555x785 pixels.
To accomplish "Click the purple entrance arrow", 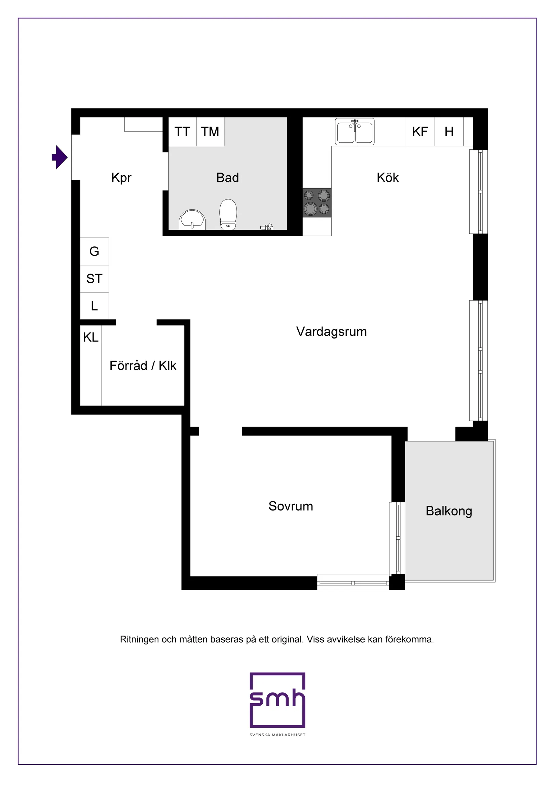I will (60, 157).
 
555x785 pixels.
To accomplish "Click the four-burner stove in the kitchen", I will (317, 203).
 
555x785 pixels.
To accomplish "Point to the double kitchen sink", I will (355, 132).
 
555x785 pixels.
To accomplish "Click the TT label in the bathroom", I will (182, 132).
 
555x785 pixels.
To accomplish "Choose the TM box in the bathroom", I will (210, 132).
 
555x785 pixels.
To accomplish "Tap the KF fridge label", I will (420, 132).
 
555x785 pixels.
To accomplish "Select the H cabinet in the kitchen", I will (449, 132).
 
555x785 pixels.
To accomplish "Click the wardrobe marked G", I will (94, 251).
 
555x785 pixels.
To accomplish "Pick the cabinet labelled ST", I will (94, 279).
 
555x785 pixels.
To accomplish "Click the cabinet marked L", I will (94, 306).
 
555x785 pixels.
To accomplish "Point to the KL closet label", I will (90, 337).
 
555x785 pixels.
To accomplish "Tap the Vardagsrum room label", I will (331, 332).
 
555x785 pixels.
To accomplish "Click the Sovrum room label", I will (291, 506).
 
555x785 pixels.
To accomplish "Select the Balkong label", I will (449, 511).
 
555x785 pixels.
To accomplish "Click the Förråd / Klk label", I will (143, 366).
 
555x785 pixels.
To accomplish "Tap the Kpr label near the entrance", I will (121, 178).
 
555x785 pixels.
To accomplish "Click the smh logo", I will (277, 700).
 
